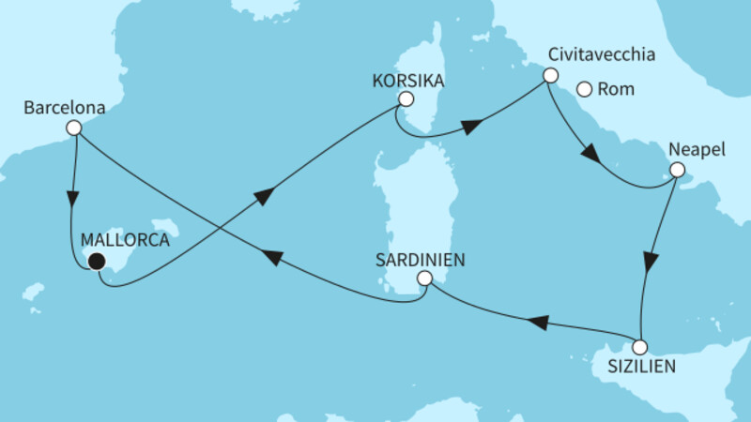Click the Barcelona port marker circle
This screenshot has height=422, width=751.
pos(74,128)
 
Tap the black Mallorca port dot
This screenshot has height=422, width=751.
pos(96,263)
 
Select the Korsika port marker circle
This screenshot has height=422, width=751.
pos(406,98)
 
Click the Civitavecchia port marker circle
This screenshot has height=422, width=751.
pos(551,75)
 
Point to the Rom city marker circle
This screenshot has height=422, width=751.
pos(584,90)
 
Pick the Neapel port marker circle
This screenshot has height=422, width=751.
pos(676,172)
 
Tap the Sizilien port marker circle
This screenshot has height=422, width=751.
pos(640,346)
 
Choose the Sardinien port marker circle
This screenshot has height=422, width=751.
pos(424,278)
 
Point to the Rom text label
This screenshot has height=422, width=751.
pos(617,91)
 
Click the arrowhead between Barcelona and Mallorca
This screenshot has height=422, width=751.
pos(71,200)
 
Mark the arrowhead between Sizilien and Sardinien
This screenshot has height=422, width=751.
pos(535,323)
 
